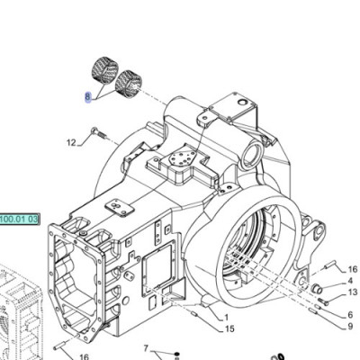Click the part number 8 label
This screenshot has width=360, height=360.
point(88,96)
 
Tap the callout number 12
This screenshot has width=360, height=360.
point(71,142)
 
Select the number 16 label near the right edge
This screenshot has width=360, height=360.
point(352,269)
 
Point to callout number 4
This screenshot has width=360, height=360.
point(350,281)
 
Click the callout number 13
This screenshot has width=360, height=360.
point(351,292)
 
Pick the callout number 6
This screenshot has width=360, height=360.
point(350,314)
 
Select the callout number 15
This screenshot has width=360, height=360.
point(230,329)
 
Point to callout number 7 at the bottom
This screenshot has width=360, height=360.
point(145,347)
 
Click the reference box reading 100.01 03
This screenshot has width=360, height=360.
point(18,219)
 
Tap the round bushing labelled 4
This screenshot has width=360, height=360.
point(317,287)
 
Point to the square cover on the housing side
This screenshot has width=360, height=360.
point(161,266)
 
